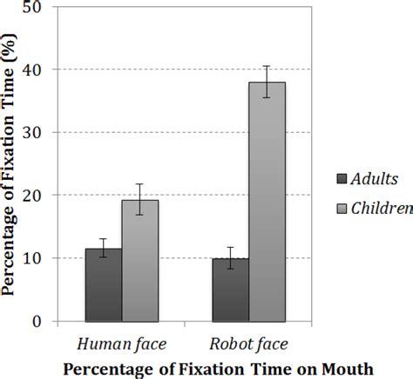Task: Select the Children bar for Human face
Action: coord(139,260)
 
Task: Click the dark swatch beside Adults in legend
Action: coord(342,179)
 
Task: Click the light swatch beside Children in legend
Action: coord(342,208)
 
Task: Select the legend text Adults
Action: coord(375,179)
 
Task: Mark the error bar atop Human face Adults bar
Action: coord(104,248)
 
